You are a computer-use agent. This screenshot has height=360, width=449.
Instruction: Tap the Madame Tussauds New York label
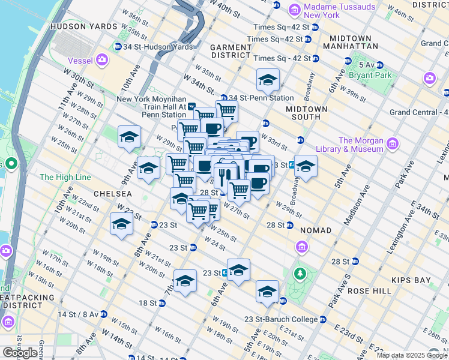[x=339, y=10]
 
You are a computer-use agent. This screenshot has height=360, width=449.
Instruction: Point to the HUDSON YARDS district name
[x=83, y=27]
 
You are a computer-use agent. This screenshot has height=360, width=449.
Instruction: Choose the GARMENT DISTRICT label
[x=231, y=52]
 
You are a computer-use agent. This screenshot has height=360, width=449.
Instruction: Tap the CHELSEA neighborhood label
[x=112, y=194]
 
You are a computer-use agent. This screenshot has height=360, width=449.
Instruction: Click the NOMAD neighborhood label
[x=316, y=230]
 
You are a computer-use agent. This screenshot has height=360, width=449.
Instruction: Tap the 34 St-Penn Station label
[x=261, y=98]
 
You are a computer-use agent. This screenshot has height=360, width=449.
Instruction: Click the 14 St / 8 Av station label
[x=76, y=314]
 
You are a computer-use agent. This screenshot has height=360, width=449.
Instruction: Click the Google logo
[x=20, y=353]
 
